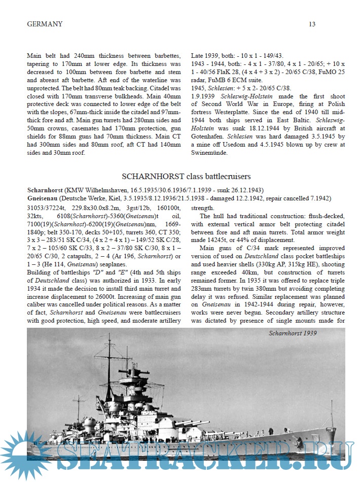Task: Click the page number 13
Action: (312, 24)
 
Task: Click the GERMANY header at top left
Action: (45, 24)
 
